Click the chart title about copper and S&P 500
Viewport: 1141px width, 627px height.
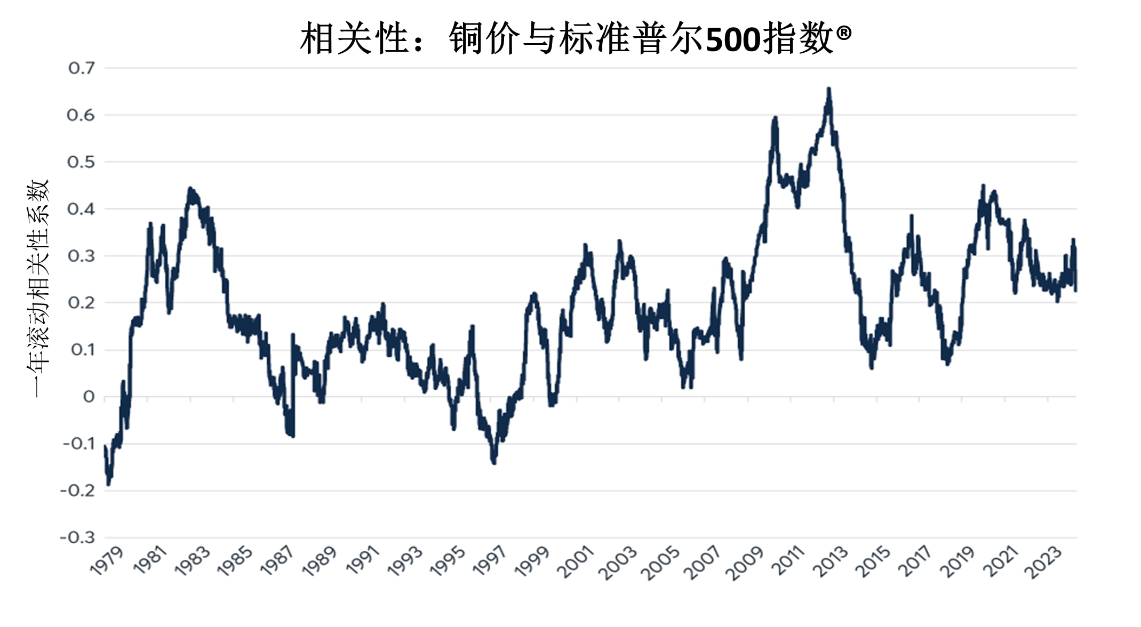point(575,38)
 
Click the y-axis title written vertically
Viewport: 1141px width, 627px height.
point(37,288)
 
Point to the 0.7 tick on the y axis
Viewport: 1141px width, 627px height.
point(82,68)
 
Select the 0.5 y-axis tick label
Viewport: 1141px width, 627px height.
point(81,162)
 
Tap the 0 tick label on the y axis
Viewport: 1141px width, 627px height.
point(89,397)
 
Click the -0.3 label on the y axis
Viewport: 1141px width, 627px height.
point(77,537)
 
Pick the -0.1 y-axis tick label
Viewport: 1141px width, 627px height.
point(78,444)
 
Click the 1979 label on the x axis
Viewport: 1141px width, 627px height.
point(107,561)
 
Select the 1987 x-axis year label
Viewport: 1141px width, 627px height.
point(277,561)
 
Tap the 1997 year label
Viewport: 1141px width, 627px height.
point(491,561)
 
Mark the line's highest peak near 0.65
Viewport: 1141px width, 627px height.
point(828,89)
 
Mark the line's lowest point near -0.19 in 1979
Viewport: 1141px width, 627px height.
point(108,484)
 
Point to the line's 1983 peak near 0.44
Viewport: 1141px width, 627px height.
point(190,189)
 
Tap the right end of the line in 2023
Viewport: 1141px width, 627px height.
point(1075,290)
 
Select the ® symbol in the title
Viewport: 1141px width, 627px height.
point(844,33)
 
